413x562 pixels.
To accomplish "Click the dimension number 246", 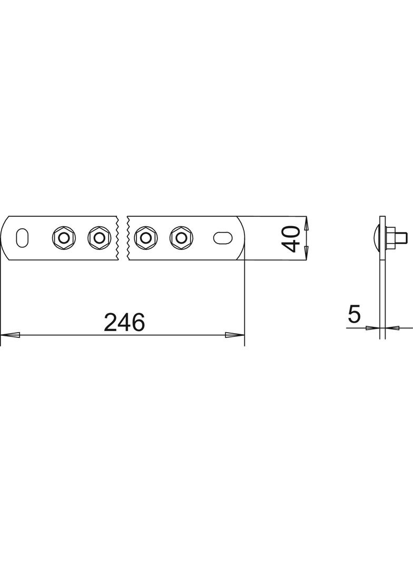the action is tap(124, 322).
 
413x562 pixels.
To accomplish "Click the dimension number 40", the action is tap(291, 239).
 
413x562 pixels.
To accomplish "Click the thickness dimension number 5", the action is tap(354, 314).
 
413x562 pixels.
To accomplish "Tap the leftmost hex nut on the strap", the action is tap(63, 237).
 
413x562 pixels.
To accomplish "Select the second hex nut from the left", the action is tap(99, 237).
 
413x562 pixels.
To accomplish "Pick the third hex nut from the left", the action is tap(145, 237).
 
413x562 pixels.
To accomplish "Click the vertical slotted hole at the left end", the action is tap(22, 237).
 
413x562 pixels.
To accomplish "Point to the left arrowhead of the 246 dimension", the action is tap(10, 335).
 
